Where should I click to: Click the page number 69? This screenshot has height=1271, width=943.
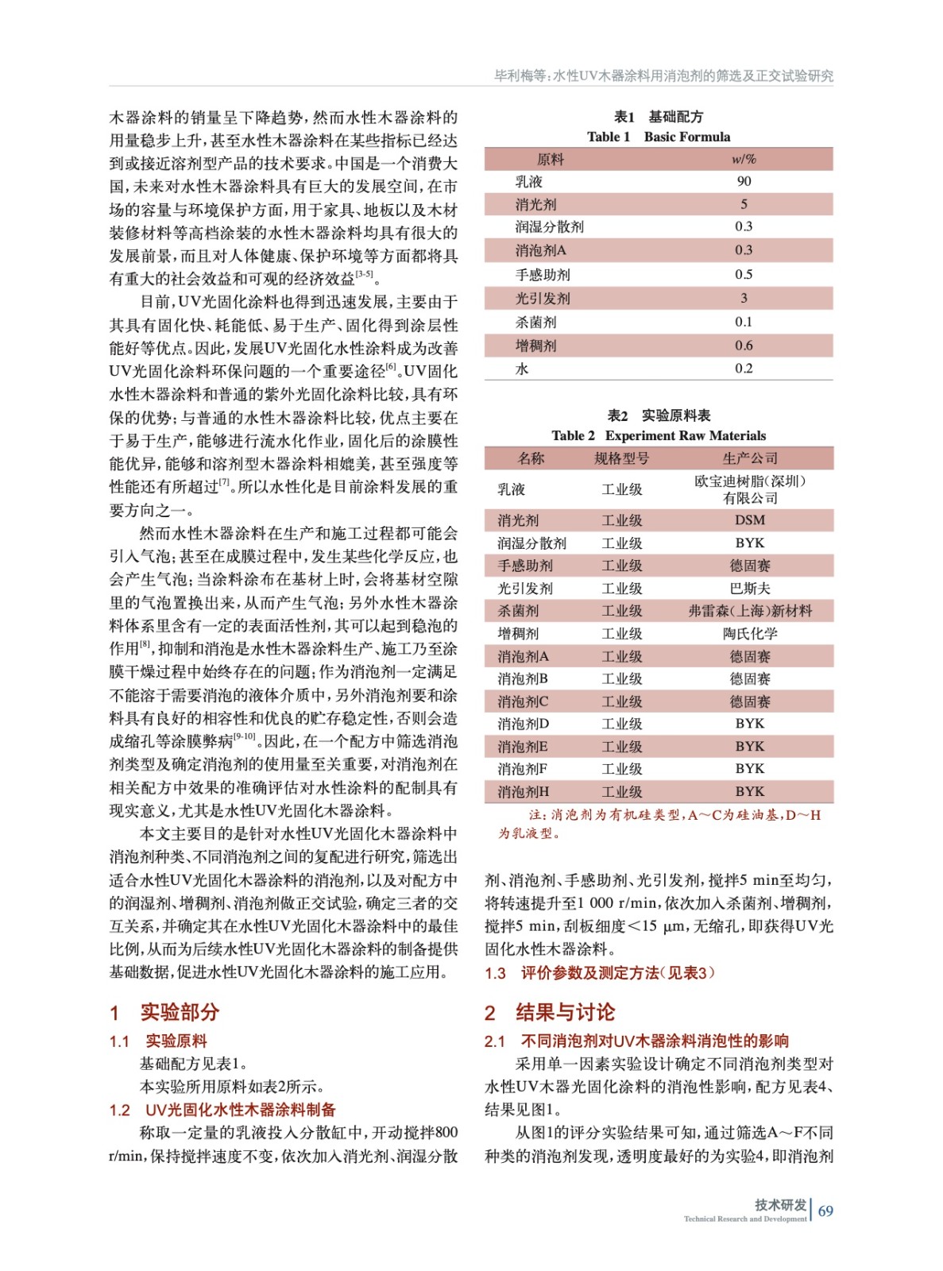coord(825,1211)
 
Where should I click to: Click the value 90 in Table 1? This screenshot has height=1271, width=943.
coord(744,181)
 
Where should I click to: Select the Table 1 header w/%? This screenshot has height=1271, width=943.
coord(744,159)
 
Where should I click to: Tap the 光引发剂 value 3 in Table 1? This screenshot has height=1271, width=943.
coord(744,298)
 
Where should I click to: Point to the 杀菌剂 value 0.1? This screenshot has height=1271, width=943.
coord(744,322)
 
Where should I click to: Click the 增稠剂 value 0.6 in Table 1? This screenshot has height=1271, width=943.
coord(744,346)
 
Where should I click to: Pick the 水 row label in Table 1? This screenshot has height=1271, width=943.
coord(522,369)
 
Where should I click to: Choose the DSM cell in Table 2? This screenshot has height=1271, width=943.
coord(749,520)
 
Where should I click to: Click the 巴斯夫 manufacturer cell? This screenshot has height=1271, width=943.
coord(749,589)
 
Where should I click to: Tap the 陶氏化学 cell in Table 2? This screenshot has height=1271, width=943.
coord(749,634)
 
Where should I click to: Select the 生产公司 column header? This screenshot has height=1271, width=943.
coord(749,458)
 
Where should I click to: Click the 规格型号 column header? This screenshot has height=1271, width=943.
coord(621,458)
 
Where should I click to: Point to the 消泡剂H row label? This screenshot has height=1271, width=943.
coord(523,792)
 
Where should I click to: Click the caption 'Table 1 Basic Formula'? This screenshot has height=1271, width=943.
coord(658,137)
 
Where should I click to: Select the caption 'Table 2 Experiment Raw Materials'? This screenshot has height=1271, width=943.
coord(658,435)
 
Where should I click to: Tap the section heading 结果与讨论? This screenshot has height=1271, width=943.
coord(565,1012)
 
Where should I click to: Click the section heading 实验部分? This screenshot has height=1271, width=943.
coord(180,1012)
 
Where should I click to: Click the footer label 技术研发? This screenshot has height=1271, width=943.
coord(780,1204)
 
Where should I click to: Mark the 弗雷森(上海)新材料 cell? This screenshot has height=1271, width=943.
coord(749,611)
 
